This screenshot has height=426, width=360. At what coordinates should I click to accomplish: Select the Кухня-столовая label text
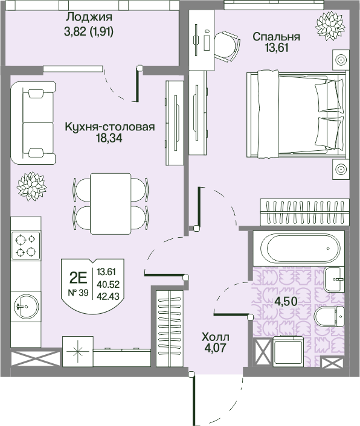point(110,127)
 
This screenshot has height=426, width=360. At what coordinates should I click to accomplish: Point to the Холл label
point(216,337)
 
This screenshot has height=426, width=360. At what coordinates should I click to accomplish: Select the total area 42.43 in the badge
point(108,295)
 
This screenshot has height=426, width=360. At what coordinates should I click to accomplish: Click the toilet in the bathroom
point(330,317)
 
